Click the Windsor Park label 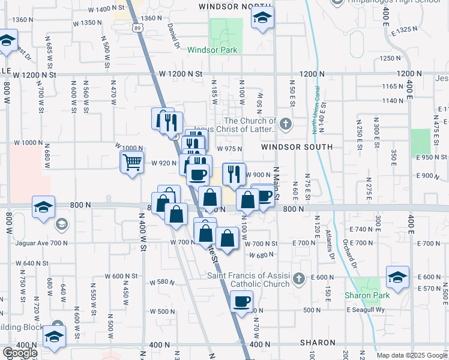212,50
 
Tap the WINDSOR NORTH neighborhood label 228,6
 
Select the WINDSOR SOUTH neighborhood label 297,147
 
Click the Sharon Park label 367,295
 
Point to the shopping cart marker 131,161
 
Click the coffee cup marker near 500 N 241,302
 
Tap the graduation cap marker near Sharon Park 397,277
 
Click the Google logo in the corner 19,353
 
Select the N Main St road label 277,180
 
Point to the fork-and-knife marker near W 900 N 234,173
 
